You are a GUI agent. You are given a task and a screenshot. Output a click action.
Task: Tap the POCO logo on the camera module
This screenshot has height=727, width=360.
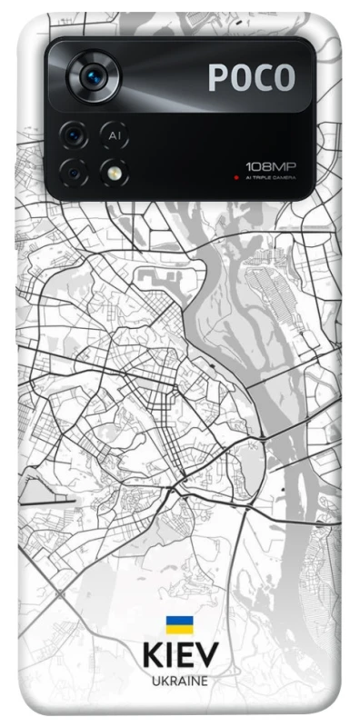(252, 78)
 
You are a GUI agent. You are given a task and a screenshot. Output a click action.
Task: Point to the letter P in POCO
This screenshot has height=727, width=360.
(218, 78)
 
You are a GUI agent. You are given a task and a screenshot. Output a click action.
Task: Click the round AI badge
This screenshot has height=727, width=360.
(114, 136)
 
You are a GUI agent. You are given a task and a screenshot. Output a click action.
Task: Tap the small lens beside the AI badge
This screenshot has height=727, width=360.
(74, 136)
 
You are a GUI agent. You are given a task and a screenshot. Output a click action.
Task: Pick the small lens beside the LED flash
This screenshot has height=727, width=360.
(74, 171)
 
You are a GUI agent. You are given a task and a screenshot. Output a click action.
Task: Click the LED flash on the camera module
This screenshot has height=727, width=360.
(114, 171)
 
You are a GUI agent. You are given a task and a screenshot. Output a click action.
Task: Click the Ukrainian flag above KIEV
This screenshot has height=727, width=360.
(179, 625)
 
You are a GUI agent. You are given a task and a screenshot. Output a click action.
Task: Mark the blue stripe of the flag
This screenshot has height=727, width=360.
(179, 621)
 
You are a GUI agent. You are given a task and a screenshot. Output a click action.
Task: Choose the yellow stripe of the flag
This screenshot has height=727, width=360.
(179, 629)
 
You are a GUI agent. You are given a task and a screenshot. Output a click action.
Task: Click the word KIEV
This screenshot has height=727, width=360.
(180, 656)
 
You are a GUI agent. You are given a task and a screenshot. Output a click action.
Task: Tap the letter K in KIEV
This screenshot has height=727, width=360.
(153, 656)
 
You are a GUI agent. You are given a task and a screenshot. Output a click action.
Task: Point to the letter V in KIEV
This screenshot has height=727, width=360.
(207, 656)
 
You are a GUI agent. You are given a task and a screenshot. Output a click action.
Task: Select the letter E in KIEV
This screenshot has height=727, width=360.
(185, 656)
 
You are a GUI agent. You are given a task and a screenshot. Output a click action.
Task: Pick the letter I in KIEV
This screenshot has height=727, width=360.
(169, 656)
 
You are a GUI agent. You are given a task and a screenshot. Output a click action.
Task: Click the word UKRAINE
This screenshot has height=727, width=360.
(180, 681)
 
